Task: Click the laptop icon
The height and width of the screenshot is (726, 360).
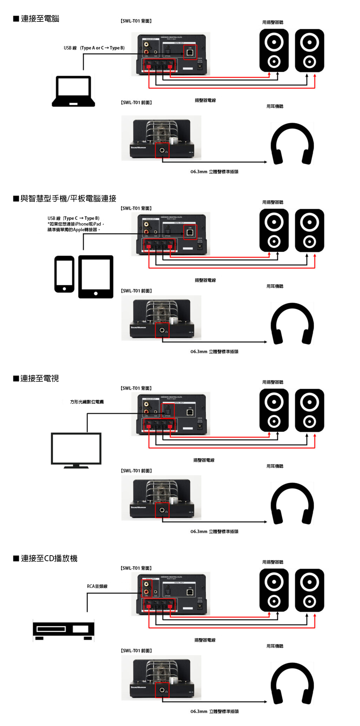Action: (73, 91)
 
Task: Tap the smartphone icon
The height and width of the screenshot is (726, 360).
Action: (64, 274)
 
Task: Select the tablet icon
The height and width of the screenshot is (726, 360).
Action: (96, 277)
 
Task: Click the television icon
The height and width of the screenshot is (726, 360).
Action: (76, 450)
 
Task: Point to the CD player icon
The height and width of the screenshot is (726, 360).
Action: (64, 630)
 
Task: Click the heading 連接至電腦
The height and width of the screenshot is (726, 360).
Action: (40, 19)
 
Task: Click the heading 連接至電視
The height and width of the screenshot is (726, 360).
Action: (39, 378)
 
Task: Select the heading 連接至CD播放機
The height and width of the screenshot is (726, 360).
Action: (49, 558)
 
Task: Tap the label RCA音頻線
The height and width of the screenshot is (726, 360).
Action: (97, 586)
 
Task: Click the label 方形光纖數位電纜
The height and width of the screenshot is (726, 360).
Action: (87, 402)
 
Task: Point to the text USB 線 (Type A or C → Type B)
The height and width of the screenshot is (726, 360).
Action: (94, 48)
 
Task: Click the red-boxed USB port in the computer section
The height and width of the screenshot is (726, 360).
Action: (190, 52)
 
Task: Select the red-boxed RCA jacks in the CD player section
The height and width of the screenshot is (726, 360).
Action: (146, 589)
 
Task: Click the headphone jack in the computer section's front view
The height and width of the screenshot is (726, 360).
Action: (162, 150)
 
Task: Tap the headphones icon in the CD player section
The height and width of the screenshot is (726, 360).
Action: (292, 684)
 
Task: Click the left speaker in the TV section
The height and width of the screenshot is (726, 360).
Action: (274, 410)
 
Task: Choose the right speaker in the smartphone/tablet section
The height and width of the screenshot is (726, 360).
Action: (309, 231)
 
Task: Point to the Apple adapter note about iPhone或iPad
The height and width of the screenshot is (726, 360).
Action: (76, 227)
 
